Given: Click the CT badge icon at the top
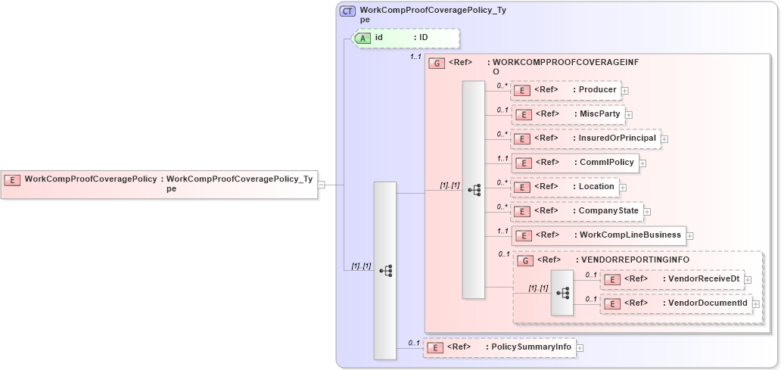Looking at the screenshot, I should (x=348, y=11).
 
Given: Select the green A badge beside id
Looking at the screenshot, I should (x=363, y=37).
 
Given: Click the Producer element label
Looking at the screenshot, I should (x=597, y=90).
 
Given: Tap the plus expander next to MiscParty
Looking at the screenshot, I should (x=629, y=115).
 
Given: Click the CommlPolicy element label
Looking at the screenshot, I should (x=607, y=162).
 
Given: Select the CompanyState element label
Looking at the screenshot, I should (x=608, y=210).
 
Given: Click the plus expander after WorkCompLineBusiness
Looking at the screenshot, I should (x=689, y=235).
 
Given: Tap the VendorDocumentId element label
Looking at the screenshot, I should (x=705, y=303).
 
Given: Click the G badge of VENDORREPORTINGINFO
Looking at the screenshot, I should (x=524, y=260).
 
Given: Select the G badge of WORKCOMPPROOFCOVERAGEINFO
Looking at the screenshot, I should (x=437, y=63).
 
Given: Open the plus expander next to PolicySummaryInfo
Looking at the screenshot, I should (x=580, y=348).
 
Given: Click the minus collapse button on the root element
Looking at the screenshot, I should (x=322, y=184).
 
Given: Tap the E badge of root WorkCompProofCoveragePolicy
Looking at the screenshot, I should (x=12, y=179).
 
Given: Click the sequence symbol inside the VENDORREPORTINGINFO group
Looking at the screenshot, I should (x=563, y=291).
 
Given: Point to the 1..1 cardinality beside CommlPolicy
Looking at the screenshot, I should (x=503, y=158).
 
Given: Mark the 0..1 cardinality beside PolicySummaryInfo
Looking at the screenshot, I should (x=414, y=343).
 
